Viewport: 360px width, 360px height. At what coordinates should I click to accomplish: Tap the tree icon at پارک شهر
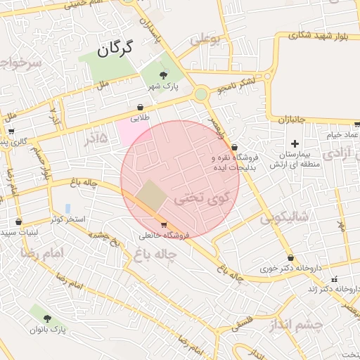pos(164,75)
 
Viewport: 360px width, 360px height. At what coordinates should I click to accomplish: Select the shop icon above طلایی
pos(141,108)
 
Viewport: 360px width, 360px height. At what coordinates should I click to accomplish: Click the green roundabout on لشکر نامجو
pos(201,94)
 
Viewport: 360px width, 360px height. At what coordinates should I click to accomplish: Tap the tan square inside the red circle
pos(150,195)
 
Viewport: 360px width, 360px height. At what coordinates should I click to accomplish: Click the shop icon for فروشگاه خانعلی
pos(164,225)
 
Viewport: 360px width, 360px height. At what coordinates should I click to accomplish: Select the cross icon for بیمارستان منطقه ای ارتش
pos(295,143)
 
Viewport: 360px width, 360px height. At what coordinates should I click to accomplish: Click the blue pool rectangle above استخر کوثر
pos(67,209)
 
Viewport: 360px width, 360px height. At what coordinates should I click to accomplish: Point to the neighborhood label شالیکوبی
pos(283,218)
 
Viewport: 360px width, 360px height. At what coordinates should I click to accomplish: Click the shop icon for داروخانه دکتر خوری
pos(290,258)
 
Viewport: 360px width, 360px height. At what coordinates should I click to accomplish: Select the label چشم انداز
pos(295,325)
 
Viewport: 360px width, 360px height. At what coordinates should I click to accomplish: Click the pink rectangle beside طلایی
pos(127,131)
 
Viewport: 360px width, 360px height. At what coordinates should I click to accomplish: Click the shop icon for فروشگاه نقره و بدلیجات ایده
pos(233,148)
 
